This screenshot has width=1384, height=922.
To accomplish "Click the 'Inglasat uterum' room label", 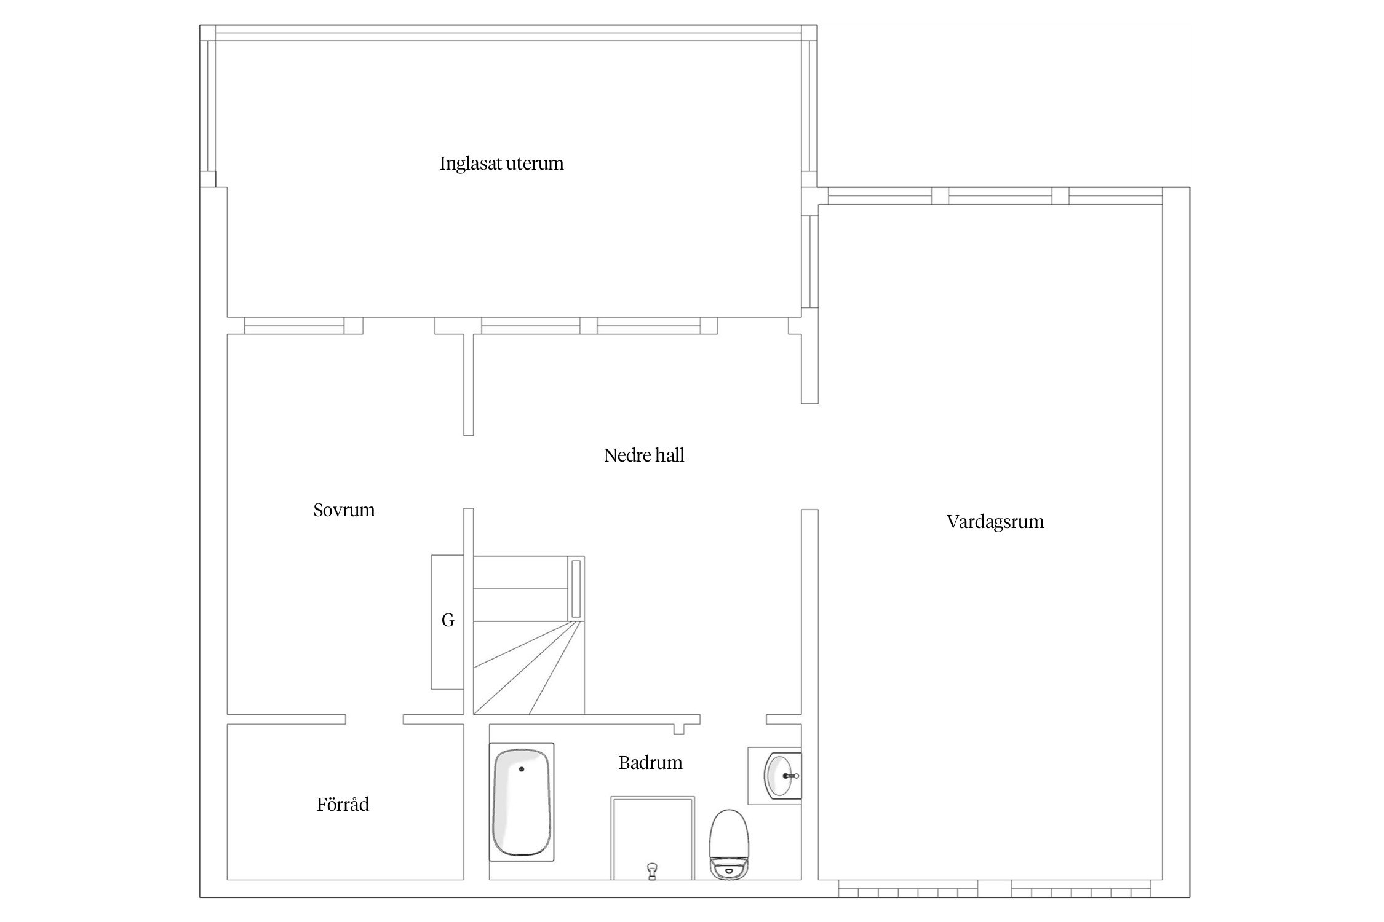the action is [501, 164].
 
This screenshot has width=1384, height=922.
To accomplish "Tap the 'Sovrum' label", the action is [344, 510].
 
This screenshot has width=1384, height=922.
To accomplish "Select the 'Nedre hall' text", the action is [644, 455].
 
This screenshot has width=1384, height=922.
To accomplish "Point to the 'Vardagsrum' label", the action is [995, 522].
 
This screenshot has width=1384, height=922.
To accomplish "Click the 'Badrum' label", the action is [650, 763].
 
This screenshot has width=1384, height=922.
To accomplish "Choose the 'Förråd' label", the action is [343, 804].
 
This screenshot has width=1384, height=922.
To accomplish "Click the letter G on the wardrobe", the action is [448, 621].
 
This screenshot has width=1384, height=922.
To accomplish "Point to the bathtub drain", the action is [522, 768].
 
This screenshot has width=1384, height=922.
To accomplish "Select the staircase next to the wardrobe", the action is [528, 635].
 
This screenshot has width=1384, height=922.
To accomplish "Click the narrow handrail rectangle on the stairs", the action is [576, 589].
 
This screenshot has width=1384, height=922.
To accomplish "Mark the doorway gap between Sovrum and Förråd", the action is [374, 719].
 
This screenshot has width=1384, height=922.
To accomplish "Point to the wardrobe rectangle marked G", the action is [447, 622].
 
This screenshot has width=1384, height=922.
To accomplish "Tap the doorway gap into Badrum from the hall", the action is [733, 719].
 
